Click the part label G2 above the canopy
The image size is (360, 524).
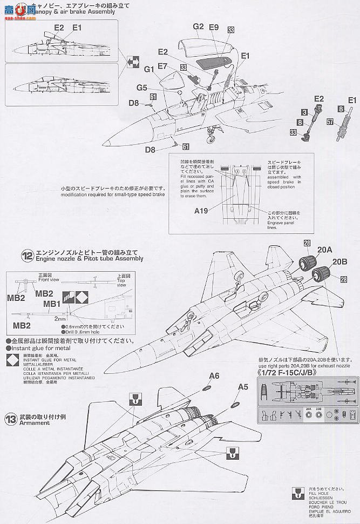(x=198, y=26)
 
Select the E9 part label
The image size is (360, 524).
(x=213, y=26)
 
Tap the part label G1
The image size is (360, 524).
(x=150, y=69)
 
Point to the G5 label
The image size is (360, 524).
(x=141, y=88)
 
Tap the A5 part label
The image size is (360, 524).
(x=243, y=386)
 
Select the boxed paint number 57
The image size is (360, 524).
(x=329, y=123)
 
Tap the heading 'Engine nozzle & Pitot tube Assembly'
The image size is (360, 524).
(x=89, y=259)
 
